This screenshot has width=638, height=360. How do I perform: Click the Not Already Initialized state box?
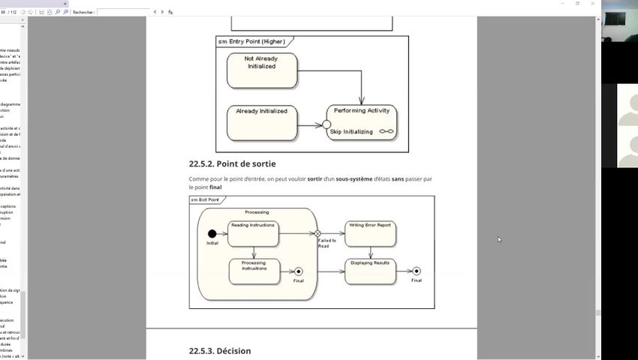click(262, 70)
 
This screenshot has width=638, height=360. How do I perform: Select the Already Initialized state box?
click(262, 123)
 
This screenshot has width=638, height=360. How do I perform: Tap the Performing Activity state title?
click(362, 110)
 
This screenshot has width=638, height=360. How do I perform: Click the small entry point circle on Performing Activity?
click(327, 124)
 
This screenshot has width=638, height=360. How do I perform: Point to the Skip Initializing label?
click(351, 132)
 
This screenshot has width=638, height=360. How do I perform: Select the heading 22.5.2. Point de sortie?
click(227, 163)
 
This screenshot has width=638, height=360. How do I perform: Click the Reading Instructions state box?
click(254, 233)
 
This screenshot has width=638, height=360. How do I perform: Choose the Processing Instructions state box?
click(254, 271)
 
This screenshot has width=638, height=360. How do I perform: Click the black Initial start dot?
click(212, 233)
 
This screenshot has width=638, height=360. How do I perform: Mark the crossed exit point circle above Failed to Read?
click(318, 233)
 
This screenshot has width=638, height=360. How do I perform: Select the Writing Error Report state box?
click(370, 233)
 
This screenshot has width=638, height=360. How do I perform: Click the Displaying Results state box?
click(370, 271)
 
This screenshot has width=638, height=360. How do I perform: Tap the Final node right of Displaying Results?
click(417, 271)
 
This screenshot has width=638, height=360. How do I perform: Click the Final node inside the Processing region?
click(299, 271)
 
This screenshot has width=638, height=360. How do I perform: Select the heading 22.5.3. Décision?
click(220, 351)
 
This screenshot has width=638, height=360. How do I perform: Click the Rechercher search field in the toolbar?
click(123, 12)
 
